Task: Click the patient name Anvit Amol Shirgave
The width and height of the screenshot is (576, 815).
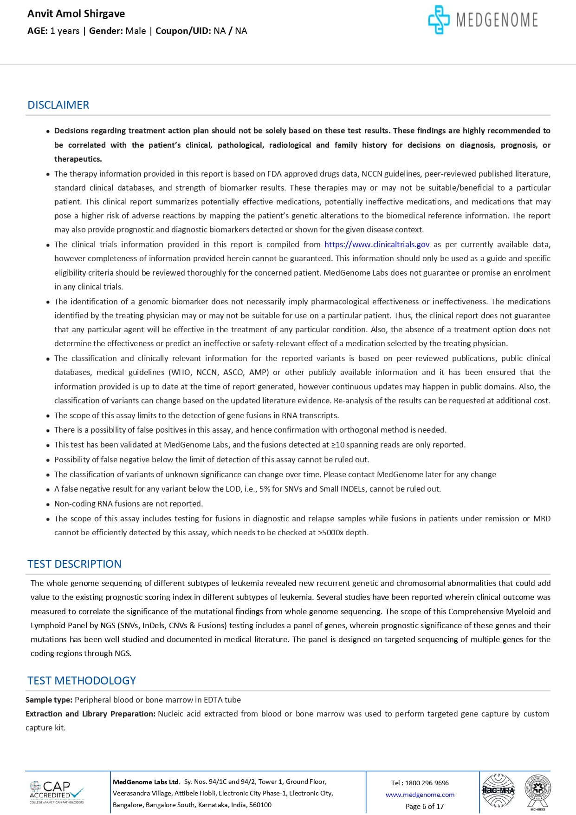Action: tap(76, 14)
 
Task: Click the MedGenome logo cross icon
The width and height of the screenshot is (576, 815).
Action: tap(439, 20)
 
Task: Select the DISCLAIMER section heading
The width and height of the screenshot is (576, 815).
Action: tap(58, 105)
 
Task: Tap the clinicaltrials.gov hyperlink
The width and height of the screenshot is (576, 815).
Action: tap(377, 244)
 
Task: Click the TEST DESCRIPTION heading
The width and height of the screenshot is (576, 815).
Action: tap(74, 564)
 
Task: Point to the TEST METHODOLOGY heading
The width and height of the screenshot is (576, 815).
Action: tap(82, 681)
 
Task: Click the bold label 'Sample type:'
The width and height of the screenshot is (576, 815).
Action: tap(49, 700)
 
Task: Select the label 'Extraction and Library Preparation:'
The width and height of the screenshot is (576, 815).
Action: tap(91, 714)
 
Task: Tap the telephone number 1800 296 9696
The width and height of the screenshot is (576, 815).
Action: tap(427, 783)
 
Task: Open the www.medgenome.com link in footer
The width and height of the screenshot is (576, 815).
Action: tap(420, 795)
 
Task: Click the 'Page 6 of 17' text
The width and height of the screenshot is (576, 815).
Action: tap(425, 807)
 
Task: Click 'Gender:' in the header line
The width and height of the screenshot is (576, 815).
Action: tap(106, 31)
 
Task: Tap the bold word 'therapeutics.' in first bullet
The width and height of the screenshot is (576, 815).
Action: tap(78, 159)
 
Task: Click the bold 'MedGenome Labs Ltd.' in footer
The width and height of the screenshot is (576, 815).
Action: tap(146, 782)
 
